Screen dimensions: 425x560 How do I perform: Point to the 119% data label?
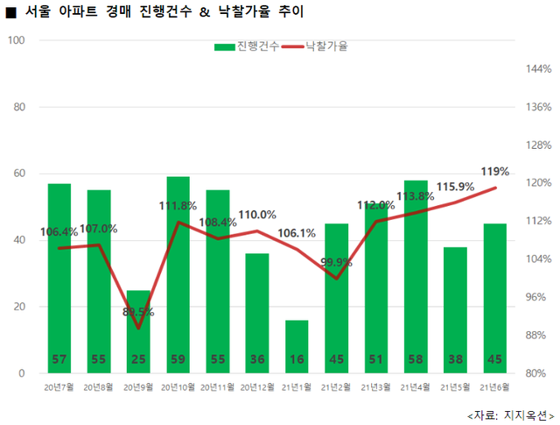click(x=495, y=171)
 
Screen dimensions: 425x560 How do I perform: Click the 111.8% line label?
click(x=177, y=205)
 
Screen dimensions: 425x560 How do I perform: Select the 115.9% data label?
click(x=455, y=186)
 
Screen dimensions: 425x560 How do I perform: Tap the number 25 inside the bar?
click(x=138, y=358)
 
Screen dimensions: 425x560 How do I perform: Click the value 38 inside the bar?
click(x=455, y=358)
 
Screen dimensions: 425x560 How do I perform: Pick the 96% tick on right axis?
click(x=535, y=297)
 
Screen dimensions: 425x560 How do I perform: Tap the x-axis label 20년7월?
click(x=59, y=386)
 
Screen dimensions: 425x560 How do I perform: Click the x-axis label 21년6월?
click(x=495, y=386)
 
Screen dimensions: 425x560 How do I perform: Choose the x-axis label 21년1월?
click(x=297, y=386)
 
